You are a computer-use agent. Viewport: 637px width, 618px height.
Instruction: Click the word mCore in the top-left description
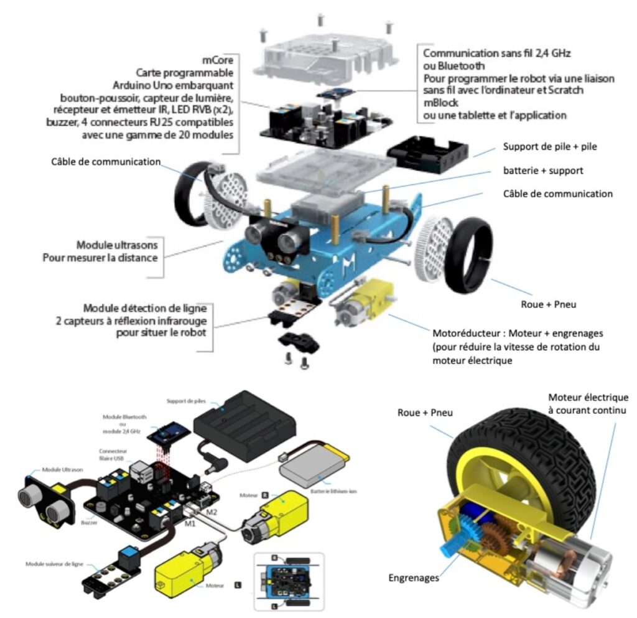pos(216,60)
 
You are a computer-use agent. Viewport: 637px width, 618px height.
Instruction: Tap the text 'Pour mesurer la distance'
pos(100,257)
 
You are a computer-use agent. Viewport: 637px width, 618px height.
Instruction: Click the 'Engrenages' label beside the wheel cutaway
pos(412,578)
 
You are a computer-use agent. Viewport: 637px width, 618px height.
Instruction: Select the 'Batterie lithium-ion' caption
pos(340,491)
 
